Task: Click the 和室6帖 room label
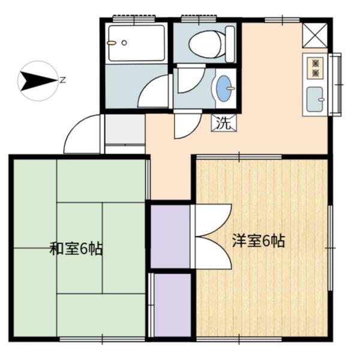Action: pyautogui.click(x=76, y=248)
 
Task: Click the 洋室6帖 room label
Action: pyautogui.click(x=259, y=241)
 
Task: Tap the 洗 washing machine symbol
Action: pyautogui.click(x=224, y=123)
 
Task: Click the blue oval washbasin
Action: pyautogui.click(x=224, y=88)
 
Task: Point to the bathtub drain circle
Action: pyautogui.click(x=124, y=43)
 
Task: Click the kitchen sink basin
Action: pyautogui.click(x=315, y=99)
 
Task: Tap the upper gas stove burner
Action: pyautogui.click(x=316, y=62)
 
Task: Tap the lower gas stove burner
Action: pyautogui.click(x=316, y=73)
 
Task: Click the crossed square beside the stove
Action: pyautogui.click(x=315, y=35)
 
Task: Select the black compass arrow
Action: pyautogui.click(x=38, y=81)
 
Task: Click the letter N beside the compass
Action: pyautogui.click(x=62, y=80)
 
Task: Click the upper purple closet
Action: pyautogui.click(x=170, y=236)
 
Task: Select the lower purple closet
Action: pyautogui.click(x=173, y=305)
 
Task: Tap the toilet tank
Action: pyautogui.click(x=230, y=44)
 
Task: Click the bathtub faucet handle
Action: pyautogui.click(x=111, y=43)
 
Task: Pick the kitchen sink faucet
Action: pyautogui.click(x=321, y=100)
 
